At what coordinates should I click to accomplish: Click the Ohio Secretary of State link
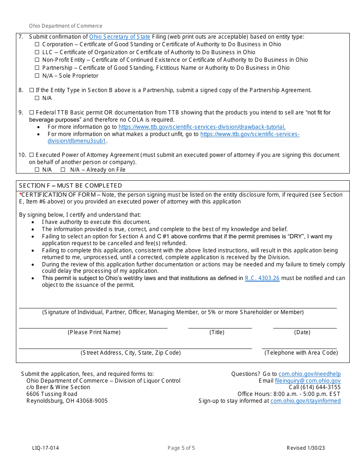pos(120,37)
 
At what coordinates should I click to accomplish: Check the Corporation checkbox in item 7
pos(37,44)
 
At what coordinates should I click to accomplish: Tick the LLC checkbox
pos(37,52)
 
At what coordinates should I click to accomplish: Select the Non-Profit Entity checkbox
pos(37,60)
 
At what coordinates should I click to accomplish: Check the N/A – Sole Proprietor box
pos(37,76)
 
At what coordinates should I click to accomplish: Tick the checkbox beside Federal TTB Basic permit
pos(31,113)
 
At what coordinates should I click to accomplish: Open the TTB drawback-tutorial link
pos(202,127)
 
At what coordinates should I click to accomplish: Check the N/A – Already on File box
pos(63,170)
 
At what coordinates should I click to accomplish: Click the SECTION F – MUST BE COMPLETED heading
pos(70,186)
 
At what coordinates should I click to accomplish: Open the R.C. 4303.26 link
pos(262,278)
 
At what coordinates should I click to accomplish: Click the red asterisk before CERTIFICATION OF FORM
pos(20,194)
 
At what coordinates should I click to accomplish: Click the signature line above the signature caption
pos(178,307)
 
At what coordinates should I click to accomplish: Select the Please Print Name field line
pos(93,327)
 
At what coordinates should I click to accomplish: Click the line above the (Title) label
pos(220,327)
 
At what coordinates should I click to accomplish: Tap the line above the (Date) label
pos(305,327)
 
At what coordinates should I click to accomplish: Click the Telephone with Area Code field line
pos(299,347)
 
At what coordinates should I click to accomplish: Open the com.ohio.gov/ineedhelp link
pos(310,374)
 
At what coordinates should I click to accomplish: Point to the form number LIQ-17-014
pos(45,448)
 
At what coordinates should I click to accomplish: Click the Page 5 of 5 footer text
pos(181,448)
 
